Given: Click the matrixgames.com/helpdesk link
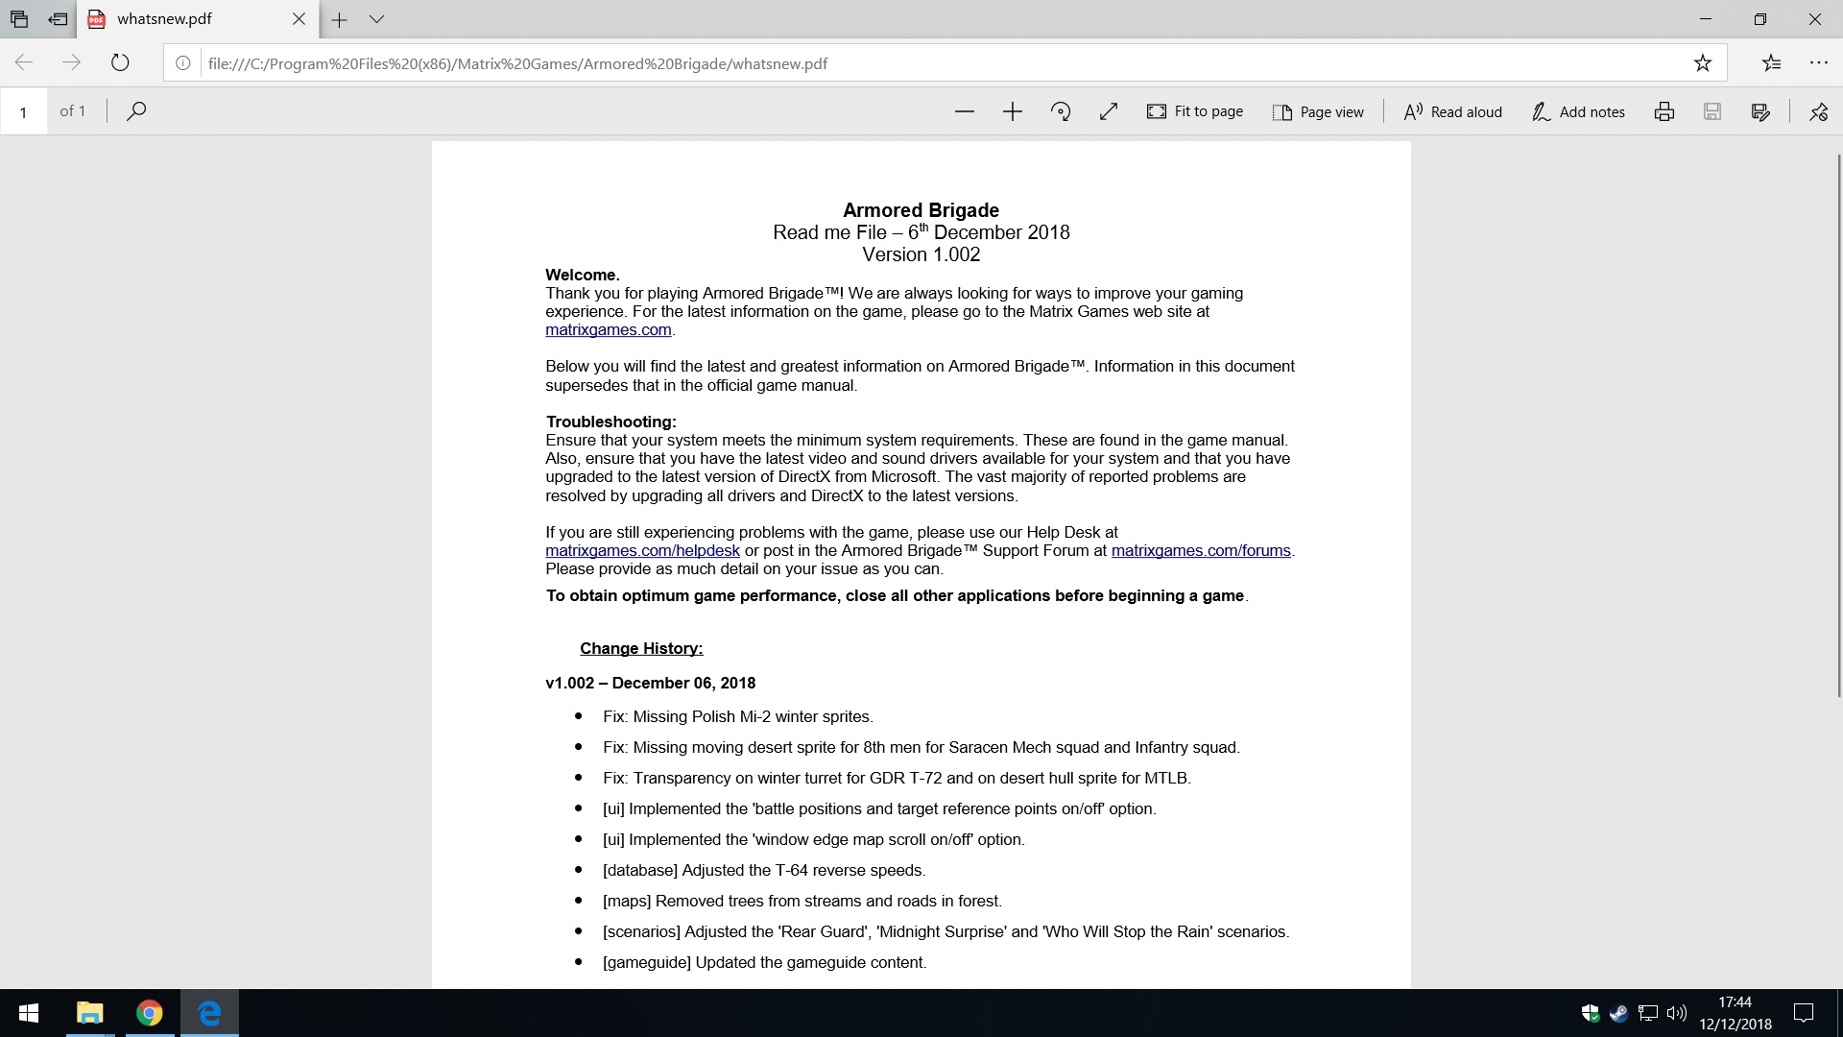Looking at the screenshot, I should pos(642,551).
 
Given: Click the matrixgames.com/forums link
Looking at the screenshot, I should pos(1201,551).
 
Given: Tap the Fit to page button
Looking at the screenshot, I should pos(1195,112).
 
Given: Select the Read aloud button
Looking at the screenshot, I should pos(1452,112).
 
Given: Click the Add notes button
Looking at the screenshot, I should pos(1578,112).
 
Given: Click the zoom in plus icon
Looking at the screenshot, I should pos(1013,112).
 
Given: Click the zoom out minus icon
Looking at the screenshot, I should pos(965,112).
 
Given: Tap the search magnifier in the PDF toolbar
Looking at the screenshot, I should pos(136,111).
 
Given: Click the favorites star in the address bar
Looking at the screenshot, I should pos(1702,63).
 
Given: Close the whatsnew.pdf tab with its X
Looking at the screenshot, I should pos(299,19).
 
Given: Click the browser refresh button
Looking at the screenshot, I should pos(120,63).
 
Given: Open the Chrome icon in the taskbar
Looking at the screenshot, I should pos(149,1013).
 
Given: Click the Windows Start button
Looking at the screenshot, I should pos(29,1013).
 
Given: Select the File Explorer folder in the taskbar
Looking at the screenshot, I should pos(89,1013).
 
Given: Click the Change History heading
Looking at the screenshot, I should pos(641,649).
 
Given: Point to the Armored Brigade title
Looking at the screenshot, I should pos(921,210).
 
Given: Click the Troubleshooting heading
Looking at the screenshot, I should pos(610,422).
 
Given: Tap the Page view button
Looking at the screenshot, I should pos(1318,112).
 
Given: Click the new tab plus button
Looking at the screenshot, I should pos(339,19).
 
